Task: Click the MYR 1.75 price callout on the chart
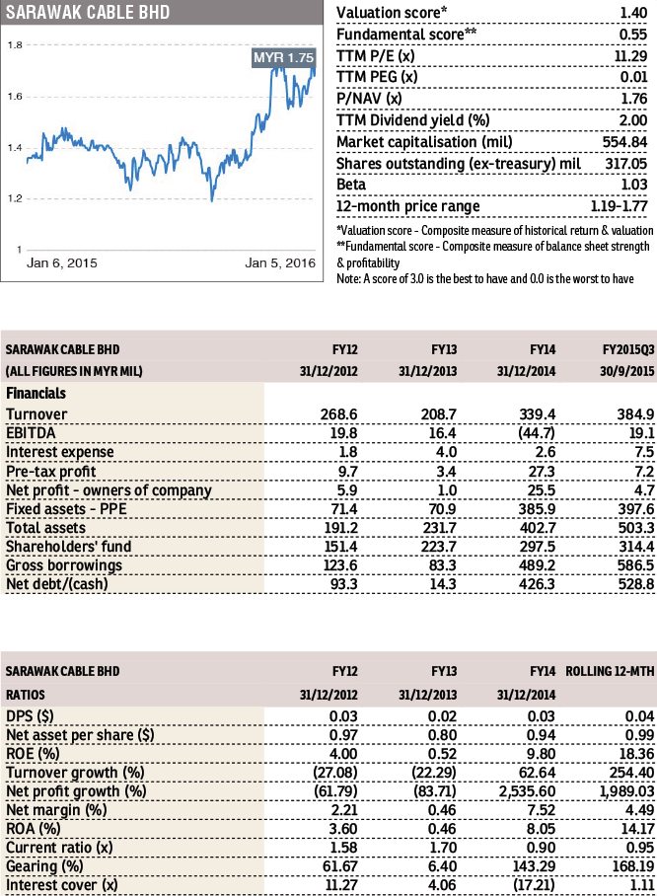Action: click(x=283, y=57)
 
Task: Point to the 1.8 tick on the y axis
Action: click(x=15, y=45)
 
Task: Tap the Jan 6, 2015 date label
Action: click(x=62, y=262)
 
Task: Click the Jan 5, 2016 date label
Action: click(x=280, y=262)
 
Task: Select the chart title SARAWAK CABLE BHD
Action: click(x=88, y=12)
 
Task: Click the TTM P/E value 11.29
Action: click(x=630, y=56)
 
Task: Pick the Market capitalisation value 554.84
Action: click(x=624, y=142)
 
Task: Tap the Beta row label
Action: click(x=351, y=185)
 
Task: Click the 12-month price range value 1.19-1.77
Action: click(x=619, y=206)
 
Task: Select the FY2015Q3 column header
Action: click(x=628, y=349)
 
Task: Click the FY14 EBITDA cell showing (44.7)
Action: click(x=537, y=433)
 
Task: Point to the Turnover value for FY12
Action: click(x=338, y=414)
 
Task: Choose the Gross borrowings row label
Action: click(x=64, y=565)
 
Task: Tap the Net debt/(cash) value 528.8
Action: click(x=636, y=584)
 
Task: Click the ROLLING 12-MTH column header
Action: click(x=610, y=671)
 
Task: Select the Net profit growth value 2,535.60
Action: click(x=527, y=791)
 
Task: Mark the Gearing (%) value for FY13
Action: click(x=442, y=866)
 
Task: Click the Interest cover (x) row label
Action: click(x=62, y=885)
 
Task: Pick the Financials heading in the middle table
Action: click(x=36, y=393)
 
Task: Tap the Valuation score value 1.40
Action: click(x=633, y=13)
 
